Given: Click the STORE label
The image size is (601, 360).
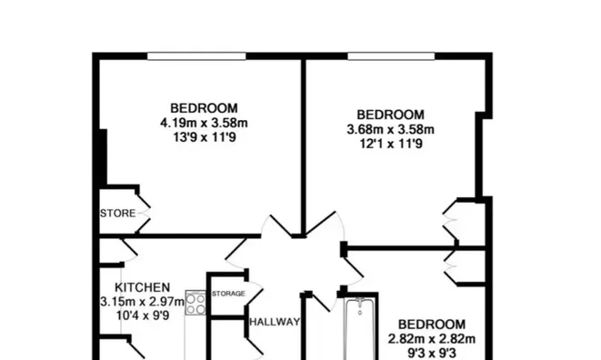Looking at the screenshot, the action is click(x=117, y=213).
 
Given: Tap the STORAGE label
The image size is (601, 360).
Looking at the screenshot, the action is click(x=228, y=294).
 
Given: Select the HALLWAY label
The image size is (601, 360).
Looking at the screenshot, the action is click(x=275, y=322).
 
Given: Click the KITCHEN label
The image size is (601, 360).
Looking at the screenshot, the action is click(x=142, y=287).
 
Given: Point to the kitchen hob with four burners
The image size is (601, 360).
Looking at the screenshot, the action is click(x=195, y=304).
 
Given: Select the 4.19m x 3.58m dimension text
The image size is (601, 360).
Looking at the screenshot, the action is click(x=204, y=123).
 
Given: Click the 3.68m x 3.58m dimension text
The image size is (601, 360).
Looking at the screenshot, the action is click(x=391, y=130).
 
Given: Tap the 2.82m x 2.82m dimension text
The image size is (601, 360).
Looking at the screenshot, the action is click(x=432, y=339).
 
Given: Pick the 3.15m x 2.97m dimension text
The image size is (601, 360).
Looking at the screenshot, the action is click(x=142, y=302).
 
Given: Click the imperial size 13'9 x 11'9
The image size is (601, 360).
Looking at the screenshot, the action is click(x=205, y=137).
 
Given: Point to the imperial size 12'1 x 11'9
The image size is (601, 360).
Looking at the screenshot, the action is click(x=391, y=144).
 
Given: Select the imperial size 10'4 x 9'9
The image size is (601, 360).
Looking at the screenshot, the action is click(x=143, y=315).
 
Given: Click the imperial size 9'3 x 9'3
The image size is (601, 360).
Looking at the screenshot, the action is click(x=432, y=353).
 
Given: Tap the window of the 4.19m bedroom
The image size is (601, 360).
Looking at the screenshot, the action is click(x=196, y=56).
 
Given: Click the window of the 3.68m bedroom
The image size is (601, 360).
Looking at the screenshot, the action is click(x=391, y=56).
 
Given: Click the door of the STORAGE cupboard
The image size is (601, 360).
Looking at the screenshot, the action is click(x=254, y=294).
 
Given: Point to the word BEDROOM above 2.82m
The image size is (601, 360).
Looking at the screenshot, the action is click(x=432, y=325).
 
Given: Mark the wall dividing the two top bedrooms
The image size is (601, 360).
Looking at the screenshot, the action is click(x=303, y=147).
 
